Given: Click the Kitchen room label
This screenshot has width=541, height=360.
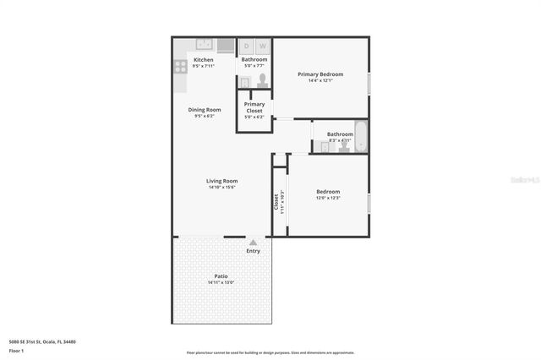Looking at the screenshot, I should pos(203,60).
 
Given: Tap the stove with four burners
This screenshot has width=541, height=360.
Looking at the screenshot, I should pos(180,66).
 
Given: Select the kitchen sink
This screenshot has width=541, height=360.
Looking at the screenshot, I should pos(204,45).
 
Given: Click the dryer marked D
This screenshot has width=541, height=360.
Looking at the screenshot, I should pos(247,46).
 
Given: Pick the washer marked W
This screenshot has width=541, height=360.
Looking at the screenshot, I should pos(262,46).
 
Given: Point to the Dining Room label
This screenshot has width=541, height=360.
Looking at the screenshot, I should pos(204,109).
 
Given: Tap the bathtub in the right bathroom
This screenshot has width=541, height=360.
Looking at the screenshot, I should pos(361,136).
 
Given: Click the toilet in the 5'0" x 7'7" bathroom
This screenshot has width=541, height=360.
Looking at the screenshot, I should pos(262,80).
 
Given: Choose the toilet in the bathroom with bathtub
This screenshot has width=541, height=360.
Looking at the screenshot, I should pos(344,146).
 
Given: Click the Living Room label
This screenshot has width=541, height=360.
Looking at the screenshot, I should pos(221,181).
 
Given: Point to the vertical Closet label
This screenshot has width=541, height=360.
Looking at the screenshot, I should pos(276,202).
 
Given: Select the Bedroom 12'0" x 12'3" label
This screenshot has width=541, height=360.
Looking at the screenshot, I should pos(328,191).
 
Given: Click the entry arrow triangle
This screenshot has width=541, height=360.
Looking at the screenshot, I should pos(253,243).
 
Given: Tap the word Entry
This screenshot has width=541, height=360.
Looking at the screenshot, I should pos(253,251).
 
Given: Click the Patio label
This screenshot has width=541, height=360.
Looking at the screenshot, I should pos(221,276).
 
